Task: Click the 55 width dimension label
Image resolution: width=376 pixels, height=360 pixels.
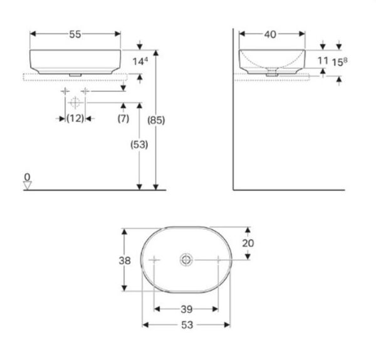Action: click(75, 35)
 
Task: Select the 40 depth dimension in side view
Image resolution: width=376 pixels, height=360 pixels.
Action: click(270, 35)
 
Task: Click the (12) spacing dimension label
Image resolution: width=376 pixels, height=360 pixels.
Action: click(75, 118)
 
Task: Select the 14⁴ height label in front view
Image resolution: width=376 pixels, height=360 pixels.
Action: click(141, 61)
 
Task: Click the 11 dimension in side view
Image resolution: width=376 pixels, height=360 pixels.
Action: click(323, 61)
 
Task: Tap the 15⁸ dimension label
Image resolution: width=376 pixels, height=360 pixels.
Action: click(340, 61)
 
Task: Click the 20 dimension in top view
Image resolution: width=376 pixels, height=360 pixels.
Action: click(249, 243)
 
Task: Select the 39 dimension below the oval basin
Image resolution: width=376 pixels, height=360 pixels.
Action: click(187, 309)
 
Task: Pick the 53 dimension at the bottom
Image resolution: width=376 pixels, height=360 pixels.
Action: click(187, 325)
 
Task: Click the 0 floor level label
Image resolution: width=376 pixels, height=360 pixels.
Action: click(27, 177)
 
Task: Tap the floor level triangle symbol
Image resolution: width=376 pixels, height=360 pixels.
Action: click(27, 185)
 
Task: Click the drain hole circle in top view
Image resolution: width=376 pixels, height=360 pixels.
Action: click(187, 259)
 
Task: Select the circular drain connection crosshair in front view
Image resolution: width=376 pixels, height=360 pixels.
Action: click(75, 103)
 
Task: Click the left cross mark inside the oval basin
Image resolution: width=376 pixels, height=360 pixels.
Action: click(155, 259)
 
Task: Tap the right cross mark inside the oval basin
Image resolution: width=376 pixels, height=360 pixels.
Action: click(217, 259)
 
